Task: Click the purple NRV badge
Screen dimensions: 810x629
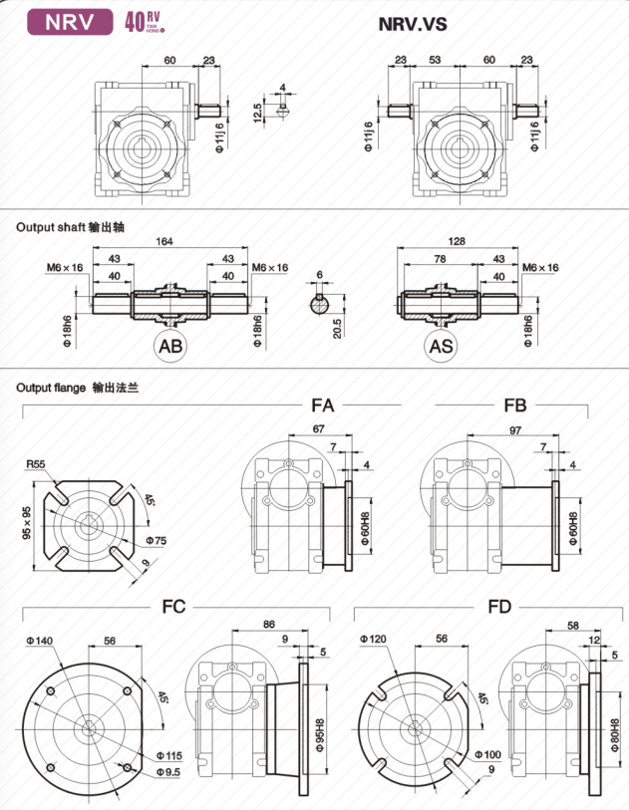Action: [x=70, y=21]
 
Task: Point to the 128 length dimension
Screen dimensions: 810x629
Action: [x=458, y=242]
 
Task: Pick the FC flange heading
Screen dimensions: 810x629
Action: [x=173, y=606]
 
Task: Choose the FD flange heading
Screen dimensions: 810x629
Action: [x=499, y=606]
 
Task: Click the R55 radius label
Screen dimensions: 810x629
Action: [x=38, y=464]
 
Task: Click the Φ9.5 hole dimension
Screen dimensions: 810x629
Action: [x=167, y=772]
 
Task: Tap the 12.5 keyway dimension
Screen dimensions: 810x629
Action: [x=258, y=111]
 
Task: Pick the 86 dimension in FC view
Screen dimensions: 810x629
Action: [x=268, y=624]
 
